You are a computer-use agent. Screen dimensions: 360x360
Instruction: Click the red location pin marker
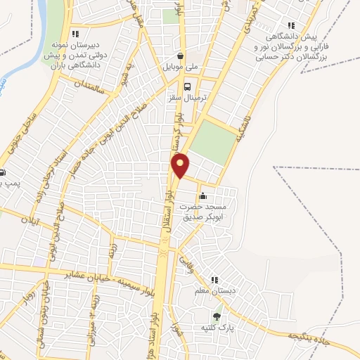(181, 165)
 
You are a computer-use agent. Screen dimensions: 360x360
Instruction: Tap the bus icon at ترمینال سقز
(187, 87)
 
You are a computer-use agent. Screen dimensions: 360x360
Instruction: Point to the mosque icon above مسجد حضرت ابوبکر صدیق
(202, 195)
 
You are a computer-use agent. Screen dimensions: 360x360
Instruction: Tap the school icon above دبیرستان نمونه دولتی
(76, 33)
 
